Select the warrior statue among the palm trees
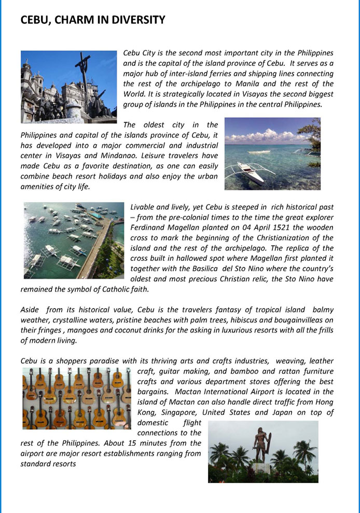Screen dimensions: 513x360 point(259,446)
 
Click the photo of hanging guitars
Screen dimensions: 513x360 point(76,398)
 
